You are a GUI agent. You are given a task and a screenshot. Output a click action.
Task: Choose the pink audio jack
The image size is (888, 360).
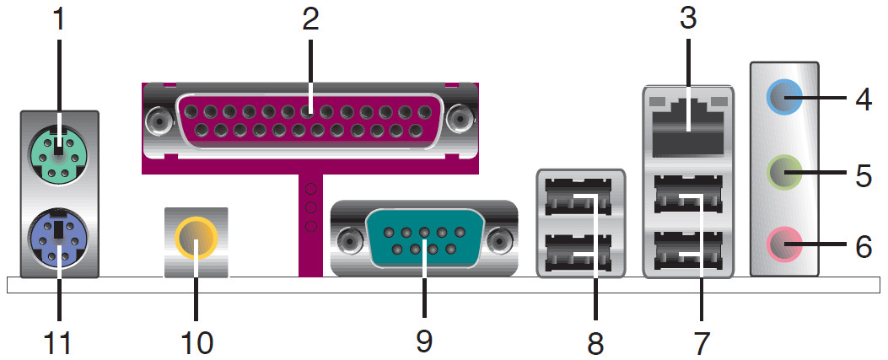pyautogui.click(x=783, y=246)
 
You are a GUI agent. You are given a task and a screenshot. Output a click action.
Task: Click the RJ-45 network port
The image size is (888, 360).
pyautogui.click(x=687, y=126)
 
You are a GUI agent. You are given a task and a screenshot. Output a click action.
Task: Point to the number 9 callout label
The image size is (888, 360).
pyautogui.click(x=423, y=341)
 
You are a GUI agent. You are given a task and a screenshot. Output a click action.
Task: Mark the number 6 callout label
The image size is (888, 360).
pyautogui.click(x=864, y=246)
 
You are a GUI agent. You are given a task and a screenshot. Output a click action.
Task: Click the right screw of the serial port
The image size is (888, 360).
pyautogui.click(x=501, y=242)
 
